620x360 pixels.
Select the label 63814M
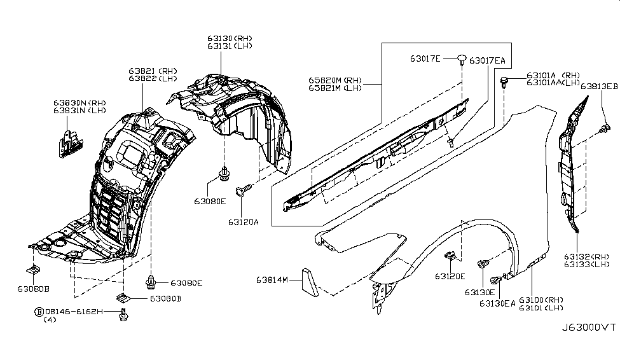coord(273,280)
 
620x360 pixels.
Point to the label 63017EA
coord(488,60)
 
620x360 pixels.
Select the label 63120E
coord(450,276)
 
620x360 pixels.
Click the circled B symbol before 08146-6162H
coord(39,312)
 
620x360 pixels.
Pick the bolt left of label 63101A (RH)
coord(504,81)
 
